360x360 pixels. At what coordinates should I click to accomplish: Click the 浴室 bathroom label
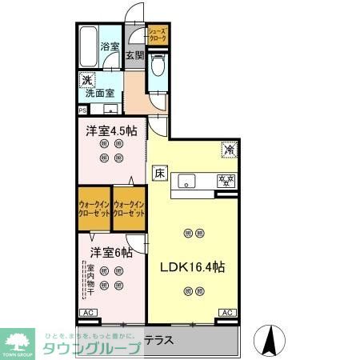click(x=109, y=47)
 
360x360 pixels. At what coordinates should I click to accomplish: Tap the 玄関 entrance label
click(x=134, y=56)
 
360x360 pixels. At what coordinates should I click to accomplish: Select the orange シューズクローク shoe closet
click(x=157, y=34)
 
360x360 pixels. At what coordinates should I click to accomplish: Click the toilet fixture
click(x=158, y=66)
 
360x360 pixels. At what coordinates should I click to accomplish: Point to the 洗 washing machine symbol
click(x=86, y=80)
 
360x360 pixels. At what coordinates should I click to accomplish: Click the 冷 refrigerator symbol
click(x=228, y=150)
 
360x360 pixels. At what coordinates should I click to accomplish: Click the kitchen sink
click(x=186, y=180)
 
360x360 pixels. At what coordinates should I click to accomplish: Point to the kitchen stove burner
click(x=226, y=180)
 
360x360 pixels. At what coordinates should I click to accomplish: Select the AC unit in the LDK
click(x=226, y=312)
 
